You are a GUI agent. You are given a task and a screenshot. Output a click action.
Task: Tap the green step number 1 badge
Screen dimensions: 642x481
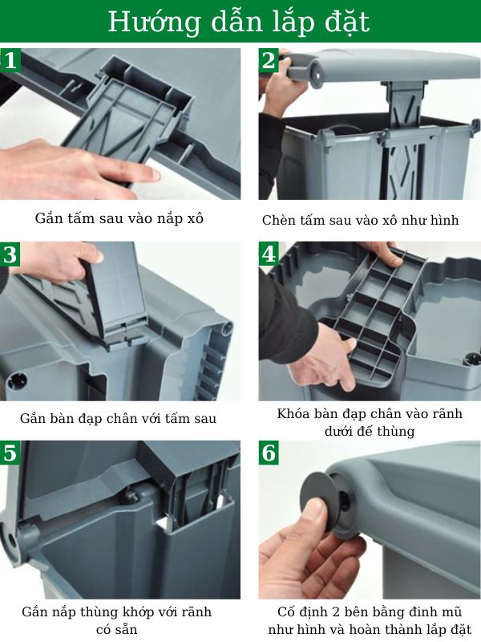click(x=10, y=60)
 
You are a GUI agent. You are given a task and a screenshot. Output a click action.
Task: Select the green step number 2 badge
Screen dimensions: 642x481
click(x=269, y=60)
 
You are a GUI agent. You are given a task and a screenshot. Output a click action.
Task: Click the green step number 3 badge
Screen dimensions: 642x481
click(x=10, y=255)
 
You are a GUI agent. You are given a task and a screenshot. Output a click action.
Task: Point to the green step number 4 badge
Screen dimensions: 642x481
click(x=269, y=255)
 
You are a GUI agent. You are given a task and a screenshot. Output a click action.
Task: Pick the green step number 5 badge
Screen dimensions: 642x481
click(x=10, y=453)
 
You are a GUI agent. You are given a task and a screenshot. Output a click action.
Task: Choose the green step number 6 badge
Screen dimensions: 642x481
click(x=269, y=453)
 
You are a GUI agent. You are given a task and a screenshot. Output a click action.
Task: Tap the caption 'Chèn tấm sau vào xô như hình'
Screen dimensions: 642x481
click(x=360, y=220)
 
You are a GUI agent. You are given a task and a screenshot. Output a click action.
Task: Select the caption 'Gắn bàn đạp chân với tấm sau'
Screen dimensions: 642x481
click(x=119, y=418)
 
